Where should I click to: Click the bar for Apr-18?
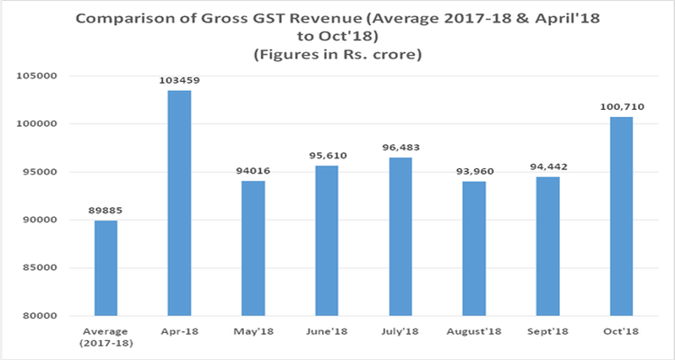pyautogui.click(x=179, y=202)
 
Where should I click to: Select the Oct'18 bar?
pyautogui.click(x=622, y=216)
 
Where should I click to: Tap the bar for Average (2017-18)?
pyautogui.click(x=106, y=268)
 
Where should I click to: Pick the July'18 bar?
pyautogui.click(x=400, y=237)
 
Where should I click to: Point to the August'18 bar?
pyautogui.click(x=474, y=248)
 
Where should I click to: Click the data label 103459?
pyautogui.click(x=179, y=80)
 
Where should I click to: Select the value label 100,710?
pyautogui.click(x=622, y=107)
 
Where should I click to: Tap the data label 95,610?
pyautogui.click(x=328, y=156)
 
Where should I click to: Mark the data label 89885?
pyautogui.click(x=106, y=211)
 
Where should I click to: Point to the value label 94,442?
pyautogui.click(x=548, y=167)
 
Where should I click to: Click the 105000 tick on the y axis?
pyautogui.click(x=36, y=76)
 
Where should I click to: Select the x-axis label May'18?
pyautogui.click(x=254, y=331)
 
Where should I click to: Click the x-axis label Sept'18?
pyautogui.click(x=547, y=331)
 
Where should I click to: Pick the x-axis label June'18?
pyautogui.click(x=328, y=331)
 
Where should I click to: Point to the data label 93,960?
pyautogui.click(x=475, y=172)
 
